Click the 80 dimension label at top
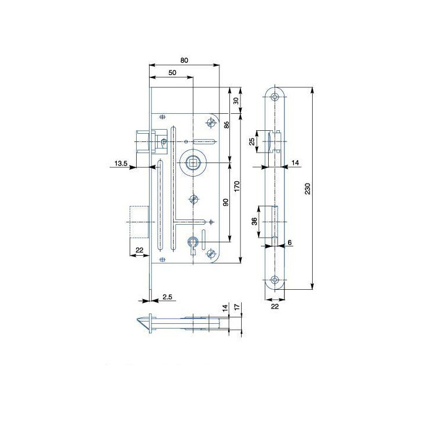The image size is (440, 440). (184, 60)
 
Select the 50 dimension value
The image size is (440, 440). (172, 73)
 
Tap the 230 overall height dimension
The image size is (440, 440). (307, 188)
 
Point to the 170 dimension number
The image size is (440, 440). (237, 187)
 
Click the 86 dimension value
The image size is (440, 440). (226, 124)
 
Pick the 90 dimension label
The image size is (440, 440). (226, 202)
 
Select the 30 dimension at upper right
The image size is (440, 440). (236, 101)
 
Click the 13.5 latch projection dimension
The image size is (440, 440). (121, 163)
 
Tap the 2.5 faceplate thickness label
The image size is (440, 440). (167, 297)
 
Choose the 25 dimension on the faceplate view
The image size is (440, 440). (252, 141)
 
